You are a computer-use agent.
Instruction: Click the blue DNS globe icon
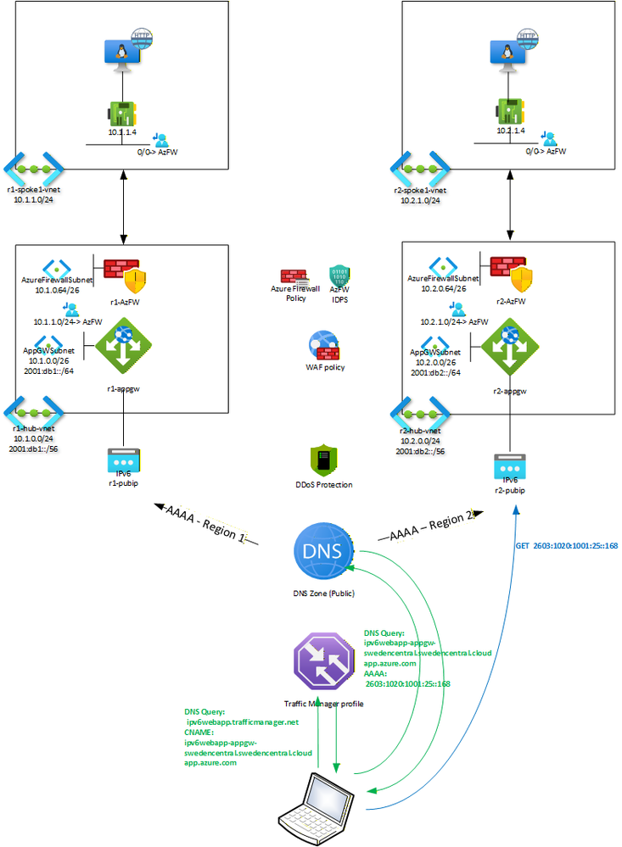(x=322, y=550)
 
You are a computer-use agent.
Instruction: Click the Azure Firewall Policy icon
(x=294, y=278)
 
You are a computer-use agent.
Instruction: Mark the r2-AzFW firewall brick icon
(x=507, y=269)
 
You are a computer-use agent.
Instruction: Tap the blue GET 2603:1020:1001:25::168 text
(x=566, y=546)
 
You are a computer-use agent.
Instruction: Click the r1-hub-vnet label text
(x=33, y=428)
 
